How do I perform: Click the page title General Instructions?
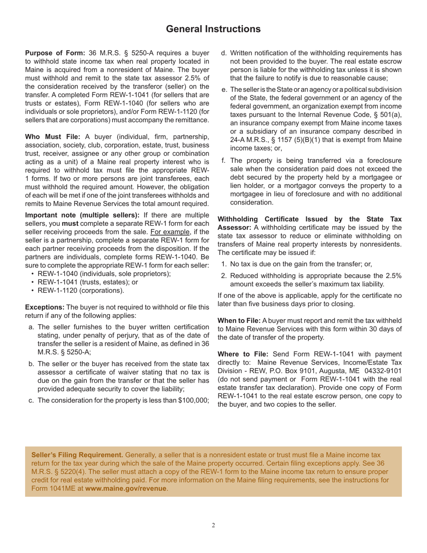tap(213, 29)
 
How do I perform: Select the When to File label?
tap(239, 321)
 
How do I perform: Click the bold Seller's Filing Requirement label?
tap(77, 455)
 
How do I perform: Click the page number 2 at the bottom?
tap(213, 526)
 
